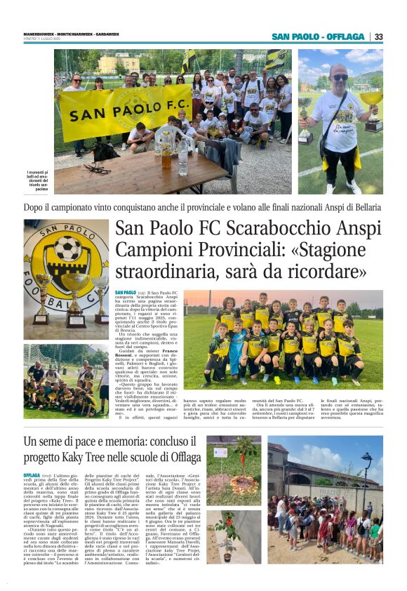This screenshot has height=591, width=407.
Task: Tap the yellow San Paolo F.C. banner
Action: (125, 112)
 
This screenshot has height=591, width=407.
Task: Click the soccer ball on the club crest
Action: (67, 248)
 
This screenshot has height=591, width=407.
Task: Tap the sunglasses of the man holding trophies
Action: (340, 78)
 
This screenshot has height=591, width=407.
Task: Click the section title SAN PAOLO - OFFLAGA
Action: (318, 36)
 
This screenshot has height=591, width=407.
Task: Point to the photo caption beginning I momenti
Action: (39, 180)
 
